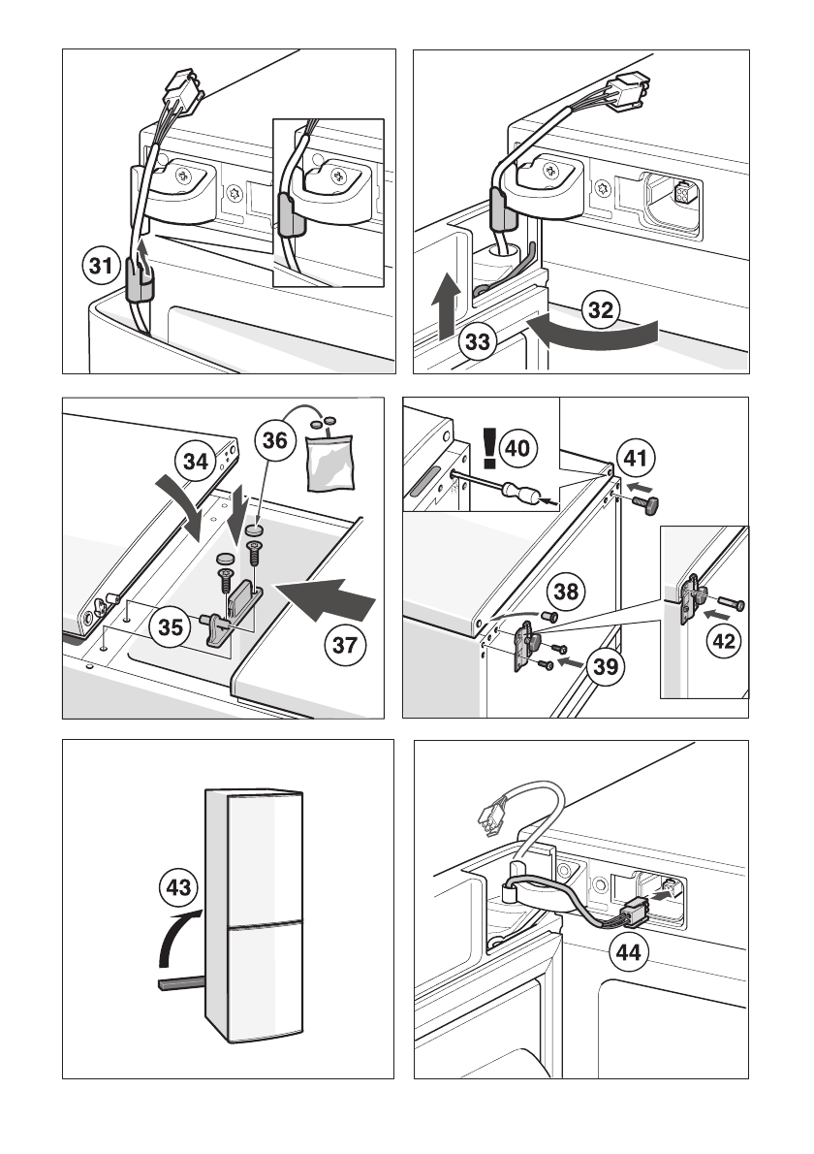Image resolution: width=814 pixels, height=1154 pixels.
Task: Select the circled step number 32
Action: [x=602, y=310]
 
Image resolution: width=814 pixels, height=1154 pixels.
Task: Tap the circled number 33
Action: [x=475, y=341]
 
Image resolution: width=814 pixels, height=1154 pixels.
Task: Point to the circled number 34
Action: [x=197, y=462]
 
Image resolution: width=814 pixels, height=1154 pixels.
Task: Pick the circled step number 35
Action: [x=170, y=627]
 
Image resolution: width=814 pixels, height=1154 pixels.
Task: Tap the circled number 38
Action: [x=569, y=589]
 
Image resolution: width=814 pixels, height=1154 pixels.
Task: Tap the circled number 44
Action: [x=628, y=952]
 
